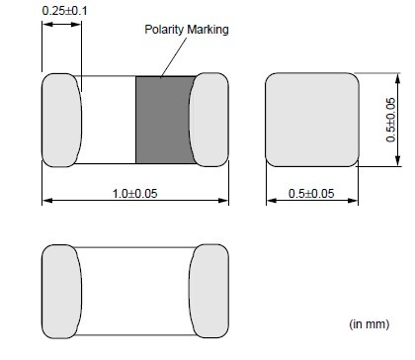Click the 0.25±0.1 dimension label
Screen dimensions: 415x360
tap(65, 11)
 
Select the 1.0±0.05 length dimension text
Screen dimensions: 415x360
tap(135, 194)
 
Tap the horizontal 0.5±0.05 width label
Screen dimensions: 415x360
tap(311, 194)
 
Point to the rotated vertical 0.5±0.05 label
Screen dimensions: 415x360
tap(390, 120)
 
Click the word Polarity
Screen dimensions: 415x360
tap(164, 30)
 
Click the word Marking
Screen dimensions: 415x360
tap(207, 30)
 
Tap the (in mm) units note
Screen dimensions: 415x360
tap(370, 324)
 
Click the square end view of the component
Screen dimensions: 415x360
tap(312, 120)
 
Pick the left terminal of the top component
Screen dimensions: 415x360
tap(61, 120)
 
